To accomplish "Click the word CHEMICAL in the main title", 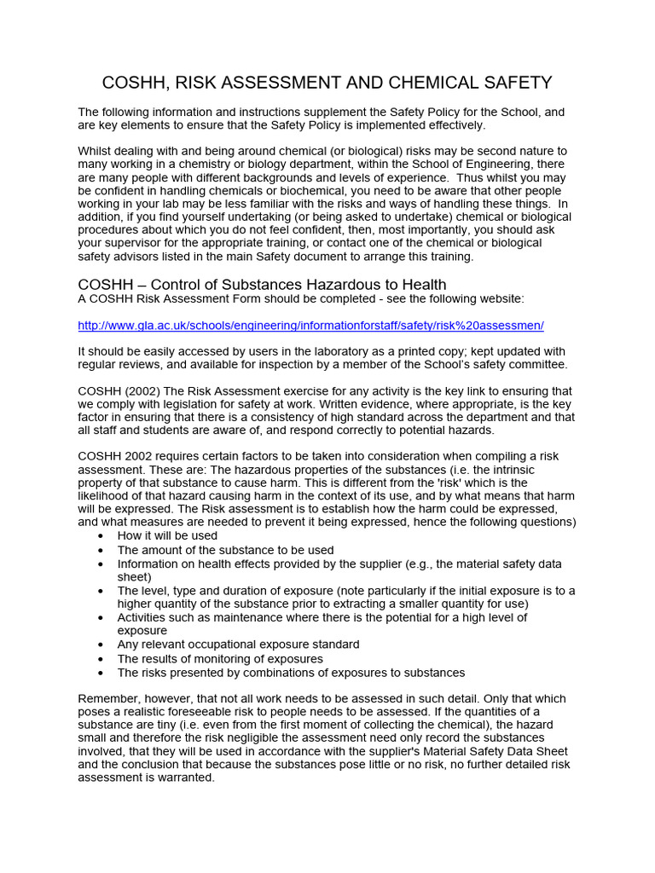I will pyautogui.click(x=444, y=83).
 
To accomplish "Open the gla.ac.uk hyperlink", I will pyautogui.click(x=310, y=326).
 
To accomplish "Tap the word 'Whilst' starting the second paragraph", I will pyautogui.click(x=96, y=151).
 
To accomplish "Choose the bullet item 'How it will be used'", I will pyautogui.click(x=167, y=535).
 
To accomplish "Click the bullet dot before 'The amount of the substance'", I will pyautogui.click(x=101, y=551).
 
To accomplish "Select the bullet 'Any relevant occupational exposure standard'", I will pyautogui.click(x=238, y=645).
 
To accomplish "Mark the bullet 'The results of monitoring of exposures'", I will pyautogui.click(x=220, y=658).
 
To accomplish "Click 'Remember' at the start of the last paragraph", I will pyautogui.click(x=107, y=698).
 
